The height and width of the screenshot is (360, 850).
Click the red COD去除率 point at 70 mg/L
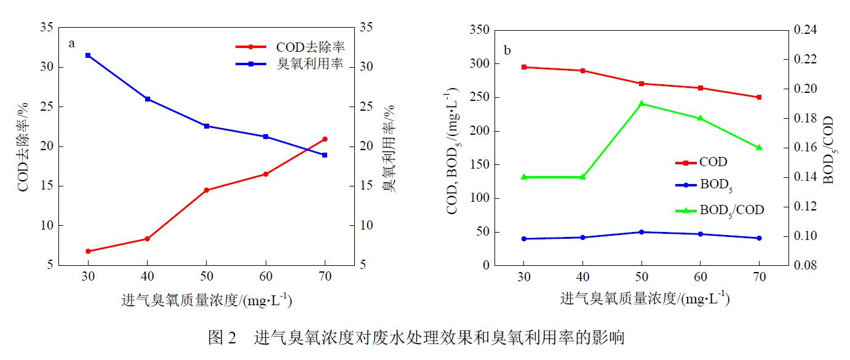pos(325,139)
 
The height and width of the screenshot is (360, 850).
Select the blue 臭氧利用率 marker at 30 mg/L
pos(88,55)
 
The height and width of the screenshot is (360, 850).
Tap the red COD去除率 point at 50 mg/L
pos(206,190)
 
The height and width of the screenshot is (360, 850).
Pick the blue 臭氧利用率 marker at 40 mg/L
pos(148,99)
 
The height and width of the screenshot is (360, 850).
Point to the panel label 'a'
pos(72,44)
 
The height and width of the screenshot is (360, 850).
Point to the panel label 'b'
pos(507,50)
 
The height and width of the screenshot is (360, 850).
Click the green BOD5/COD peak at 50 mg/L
pos(641,103)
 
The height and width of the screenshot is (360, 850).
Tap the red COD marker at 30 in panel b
pos(524,67)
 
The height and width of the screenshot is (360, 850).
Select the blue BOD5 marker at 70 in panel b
pos(759,238)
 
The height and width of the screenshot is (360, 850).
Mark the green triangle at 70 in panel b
pos(759,148)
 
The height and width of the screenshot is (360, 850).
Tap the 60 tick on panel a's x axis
pos(266,277)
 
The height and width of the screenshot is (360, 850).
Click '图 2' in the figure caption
pos(222,338)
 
